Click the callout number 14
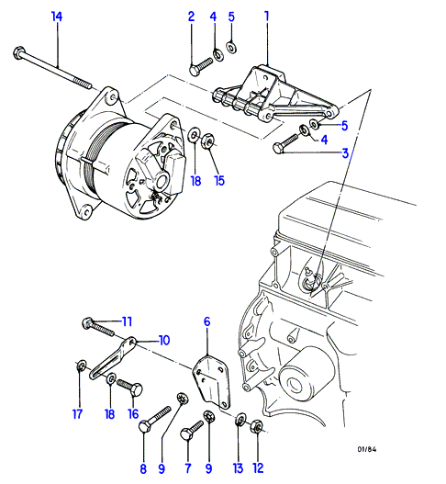[x=57, y=17]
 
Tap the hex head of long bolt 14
[x=18, y=52]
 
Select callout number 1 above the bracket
[x=266, y=17]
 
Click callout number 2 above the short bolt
[x=192, y=17]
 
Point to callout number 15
[x=219, y=181]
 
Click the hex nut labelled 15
[x=209, y=141]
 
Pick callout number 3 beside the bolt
[x=345, y=153]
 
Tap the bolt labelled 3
[x=284, y=143]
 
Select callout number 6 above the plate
[x=207, y=321]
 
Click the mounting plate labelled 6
[x=212, y=383]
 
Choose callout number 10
[x=163, y=340]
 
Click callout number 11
[x=127, y=321]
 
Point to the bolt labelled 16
[x=129, y=387]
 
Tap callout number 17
[x=77, y=414]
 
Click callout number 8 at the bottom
[x=143, y=469]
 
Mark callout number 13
[x=238, y=468]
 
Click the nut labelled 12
[x=257, y=426]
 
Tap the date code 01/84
[x=367, y=449]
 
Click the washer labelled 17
[x=81, y=366]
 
